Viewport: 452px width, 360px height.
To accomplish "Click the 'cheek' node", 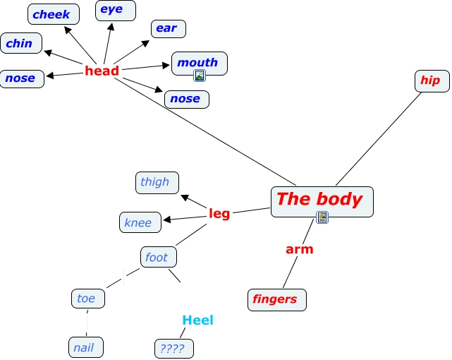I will [52, 14].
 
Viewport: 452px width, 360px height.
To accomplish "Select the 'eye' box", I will [111, 10].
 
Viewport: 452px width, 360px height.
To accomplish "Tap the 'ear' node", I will [167, 29].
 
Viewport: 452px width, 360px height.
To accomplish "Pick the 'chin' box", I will [20, 43].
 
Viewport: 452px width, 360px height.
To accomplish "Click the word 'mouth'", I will [197, 62].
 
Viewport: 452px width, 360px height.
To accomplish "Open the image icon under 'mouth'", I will [200, 76].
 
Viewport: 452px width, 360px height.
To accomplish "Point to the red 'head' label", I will [102, 71].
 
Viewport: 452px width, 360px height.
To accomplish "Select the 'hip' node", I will [430, 80].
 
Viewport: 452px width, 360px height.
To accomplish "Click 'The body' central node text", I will [319, 199].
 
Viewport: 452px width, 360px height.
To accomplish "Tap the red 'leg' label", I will [219, 213].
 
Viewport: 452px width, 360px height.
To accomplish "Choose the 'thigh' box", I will [155, 182].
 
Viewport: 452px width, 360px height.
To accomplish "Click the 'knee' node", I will [138, 222].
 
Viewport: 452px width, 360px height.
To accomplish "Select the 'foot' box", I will [157, 257].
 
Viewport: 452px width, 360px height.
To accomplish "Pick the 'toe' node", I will [87, 299].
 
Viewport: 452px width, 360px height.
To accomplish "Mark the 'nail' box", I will [85, 347].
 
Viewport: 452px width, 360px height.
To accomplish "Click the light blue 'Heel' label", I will [197, 320].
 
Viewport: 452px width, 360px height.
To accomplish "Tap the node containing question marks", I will [173, 348].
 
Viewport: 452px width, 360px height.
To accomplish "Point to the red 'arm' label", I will [299, 249].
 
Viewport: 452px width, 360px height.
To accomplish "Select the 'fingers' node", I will [276, 299].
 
